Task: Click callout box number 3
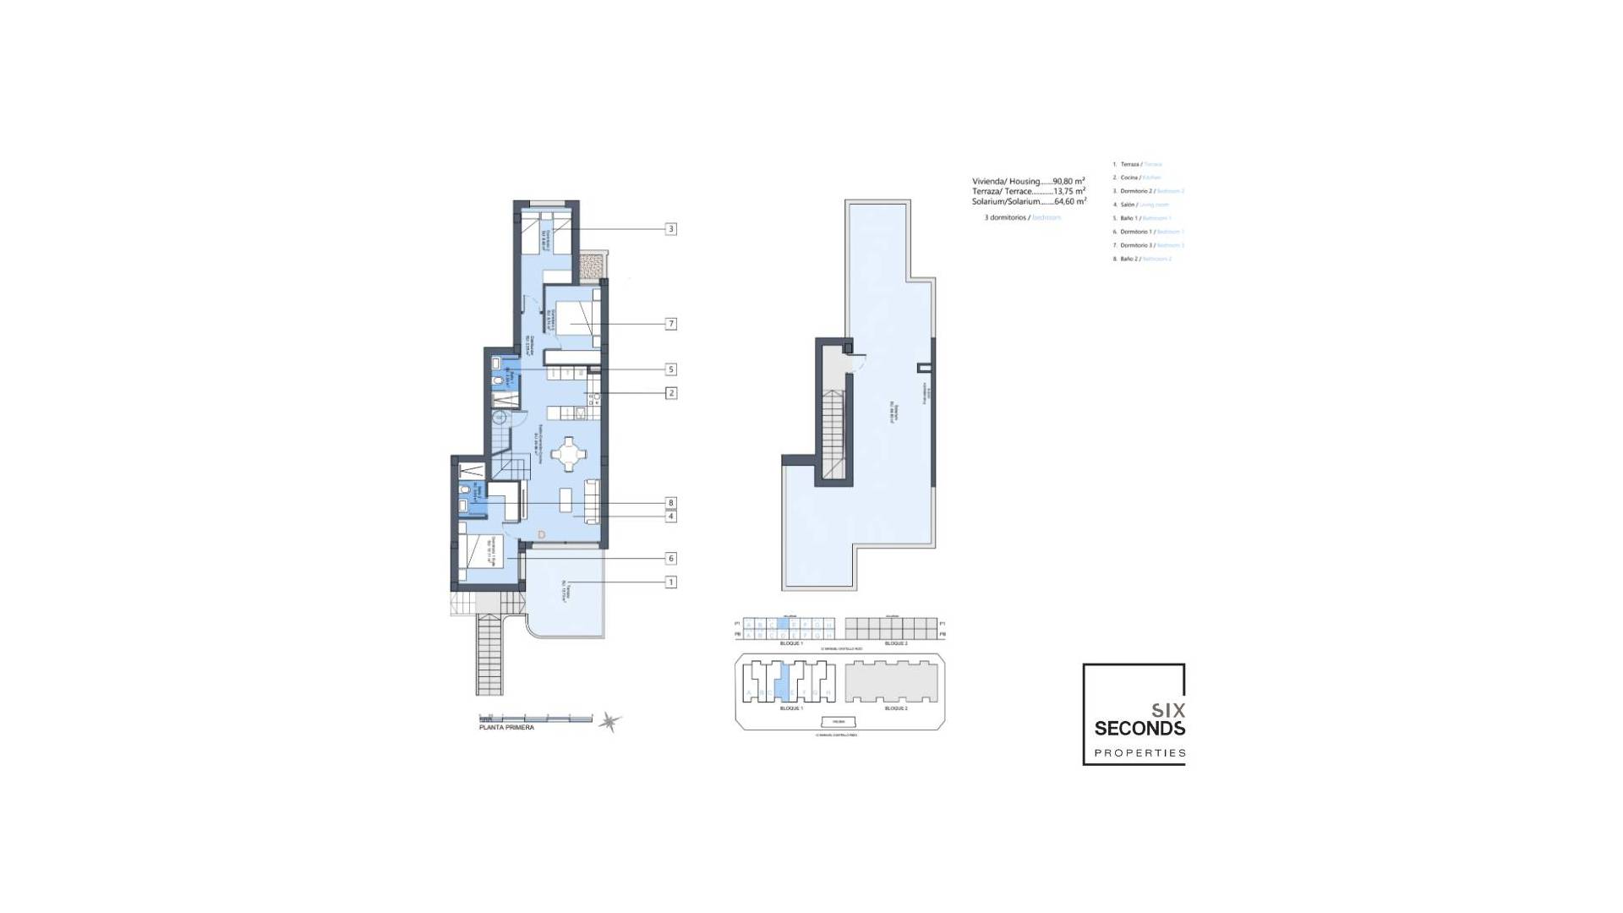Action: [671, 229]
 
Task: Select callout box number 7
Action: [671, 324]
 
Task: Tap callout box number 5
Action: [671, 369]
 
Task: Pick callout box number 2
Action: [671, 393]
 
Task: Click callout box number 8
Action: [671, 503]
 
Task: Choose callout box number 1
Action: [671, 582]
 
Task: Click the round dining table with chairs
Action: [568, 455]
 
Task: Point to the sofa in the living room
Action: [593, 500]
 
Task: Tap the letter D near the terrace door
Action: [542, 534]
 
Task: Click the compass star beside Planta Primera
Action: [609, 722]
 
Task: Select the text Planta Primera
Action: [506, 728]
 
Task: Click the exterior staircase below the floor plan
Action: [489, 655]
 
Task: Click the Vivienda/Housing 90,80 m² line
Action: [1028, 181]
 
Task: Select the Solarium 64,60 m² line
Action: [1028, 201]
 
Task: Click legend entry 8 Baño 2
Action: [1141, 259]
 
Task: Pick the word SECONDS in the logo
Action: [1139, 729]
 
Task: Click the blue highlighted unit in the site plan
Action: [783, 681]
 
